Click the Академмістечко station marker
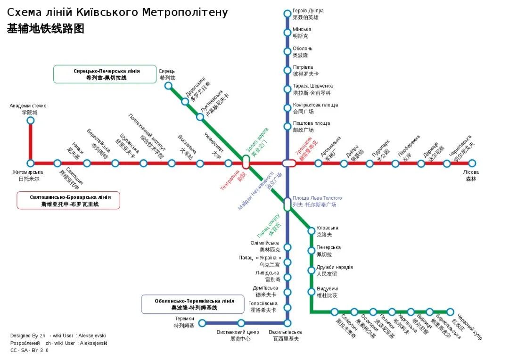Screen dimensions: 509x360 coord(31,121)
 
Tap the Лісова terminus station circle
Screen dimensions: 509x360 coord(472,164)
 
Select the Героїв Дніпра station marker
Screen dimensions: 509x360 coord(287,14)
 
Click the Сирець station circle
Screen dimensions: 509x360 coord(168,86)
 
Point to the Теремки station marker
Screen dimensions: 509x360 coord(202,323)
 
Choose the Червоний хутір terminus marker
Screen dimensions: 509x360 coord(450,312)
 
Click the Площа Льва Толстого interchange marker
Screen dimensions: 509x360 coord(287,205)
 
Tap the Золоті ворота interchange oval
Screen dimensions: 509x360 coord(246,162)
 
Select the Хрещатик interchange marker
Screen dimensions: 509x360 coord(289,164)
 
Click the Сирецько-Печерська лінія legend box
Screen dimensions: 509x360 coord(105,74)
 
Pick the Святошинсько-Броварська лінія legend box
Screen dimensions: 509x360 coord(68,200)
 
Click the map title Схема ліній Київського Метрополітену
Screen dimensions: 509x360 coord(117,12)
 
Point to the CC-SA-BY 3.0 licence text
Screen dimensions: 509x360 coord(29,351)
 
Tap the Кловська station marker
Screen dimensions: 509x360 coord(311,231)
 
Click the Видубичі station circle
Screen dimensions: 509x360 coord(311,292)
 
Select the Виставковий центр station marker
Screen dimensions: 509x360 coord(241,323)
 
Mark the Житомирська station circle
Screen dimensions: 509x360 coord(31,164)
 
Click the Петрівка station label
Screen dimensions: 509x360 coord(303,67)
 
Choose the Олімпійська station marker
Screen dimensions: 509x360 coord(287,247)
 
